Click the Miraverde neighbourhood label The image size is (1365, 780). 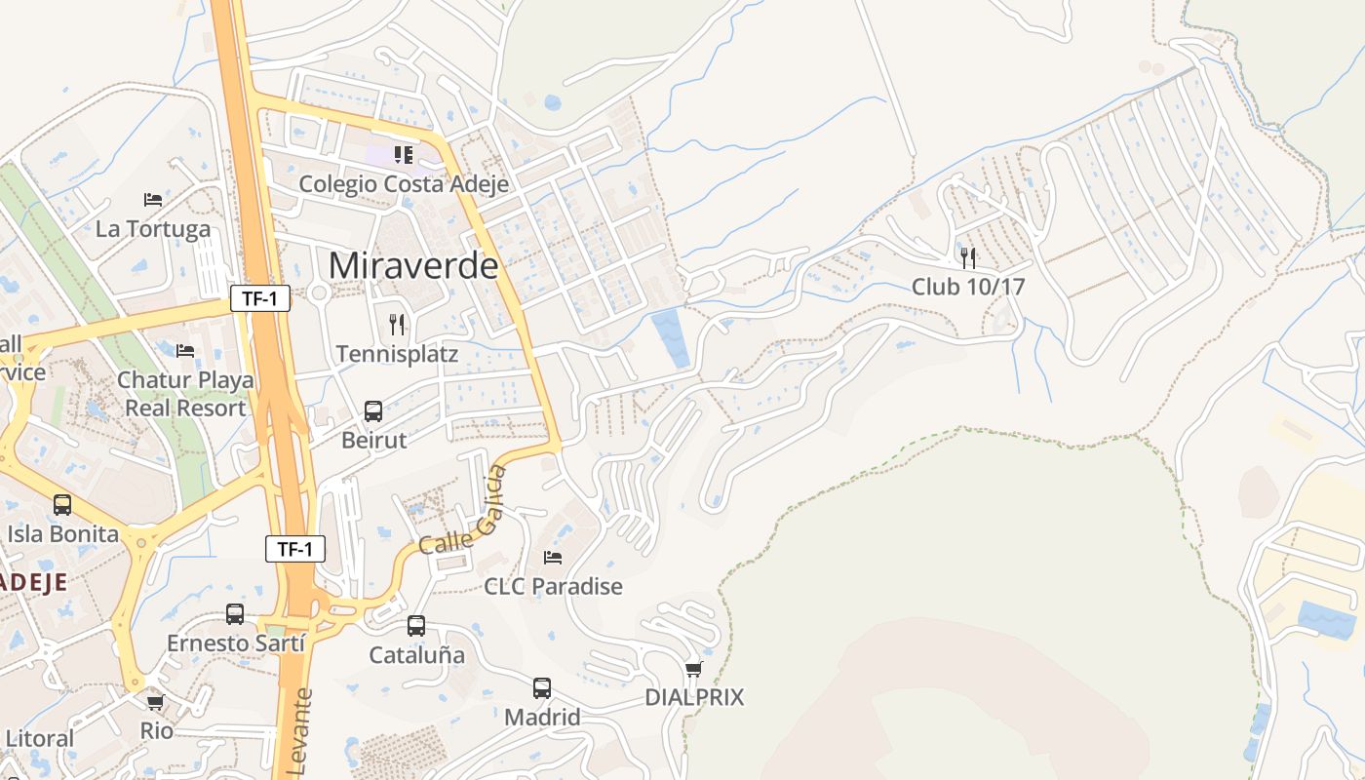pos(413,265)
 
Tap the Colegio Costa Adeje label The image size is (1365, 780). pos(396,183)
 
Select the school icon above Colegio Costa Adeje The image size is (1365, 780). pos(403,154)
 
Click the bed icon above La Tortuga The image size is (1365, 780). pos(153,200)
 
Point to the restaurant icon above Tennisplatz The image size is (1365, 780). pos(397,324)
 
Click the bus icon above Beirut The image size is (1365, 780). pos(373,410)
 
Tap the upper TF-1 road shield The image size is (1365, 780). pos(260,298)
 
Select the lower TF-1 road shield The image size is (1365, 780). pos(295,549)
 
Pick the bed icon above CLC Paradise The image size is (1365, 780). pos(553,558)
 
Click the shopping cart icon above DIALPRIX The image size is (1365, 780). pos(694,669)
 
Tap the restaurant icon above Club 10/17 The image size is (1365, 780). pos(968,257)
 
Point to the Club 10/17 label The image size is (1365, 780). pos(968,287)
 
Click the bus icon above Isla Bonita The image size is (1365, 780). pos(62,505)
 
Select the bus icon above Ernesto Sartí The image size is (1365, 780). pos(235,614)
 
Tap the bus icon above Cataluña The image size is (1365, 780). pos(416,626)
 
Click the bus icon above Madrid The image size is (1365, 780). pos(542,688)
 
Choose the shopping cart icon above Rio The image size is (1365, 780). pos(155,702)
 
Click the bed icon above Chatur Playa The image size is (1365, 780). pos(185,351)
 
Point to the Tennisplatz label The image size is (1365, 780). pos(397,353)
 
